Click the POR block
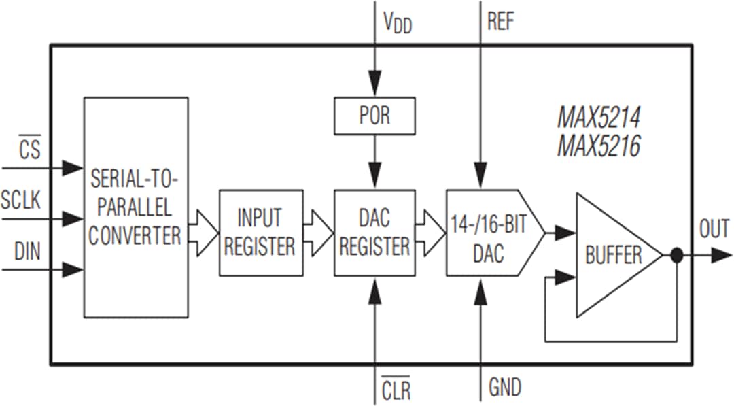(374, 116)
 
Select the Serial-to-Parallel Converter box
(135, 207)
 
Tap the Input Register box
(259, 233)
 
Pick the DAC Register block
(374, 233)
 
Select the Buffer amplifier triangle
(612, 255)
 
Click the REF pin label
(501, 21)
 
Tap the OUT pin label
(714, 229)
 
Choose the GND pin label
(505, 388)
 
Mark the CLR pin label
(396, 390)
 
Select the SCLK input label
(21, 201)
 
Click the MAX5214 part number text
(598, 118)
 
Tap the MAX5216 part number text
(598, 146)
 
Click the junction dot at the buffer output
(676, 256)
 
